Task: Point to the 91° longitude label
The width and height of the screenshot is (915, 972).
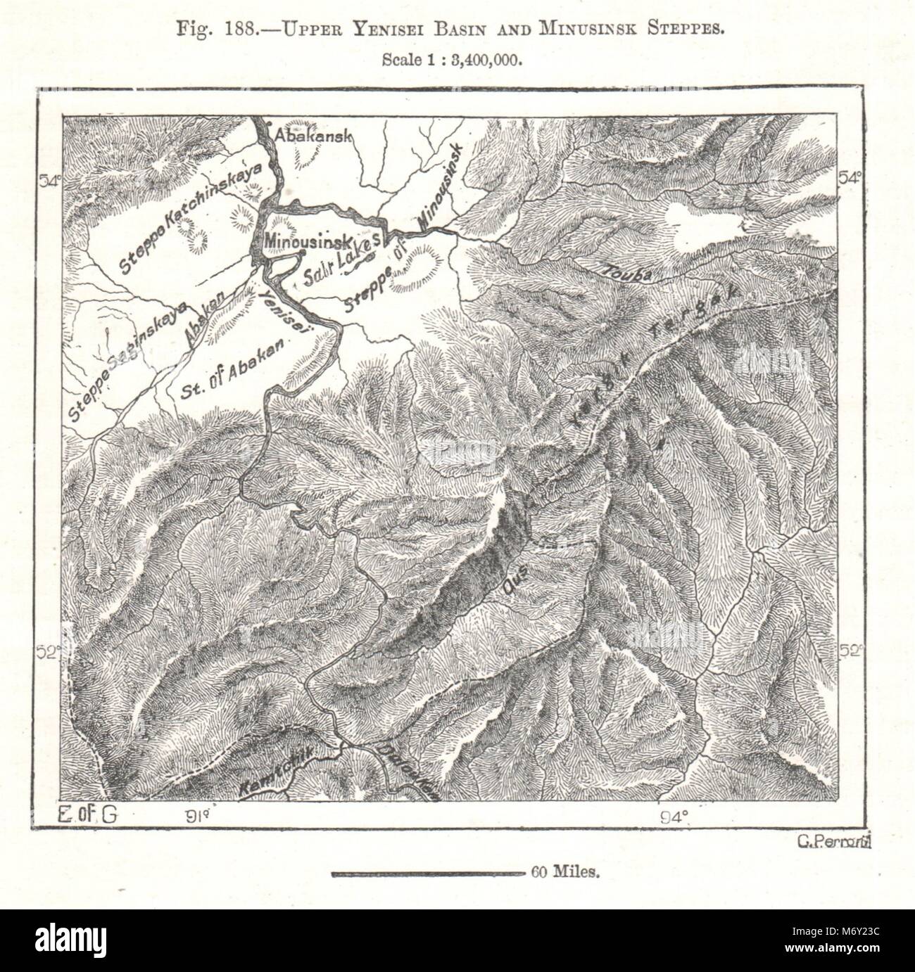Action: pyautogui.click(x=198, y=817)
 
